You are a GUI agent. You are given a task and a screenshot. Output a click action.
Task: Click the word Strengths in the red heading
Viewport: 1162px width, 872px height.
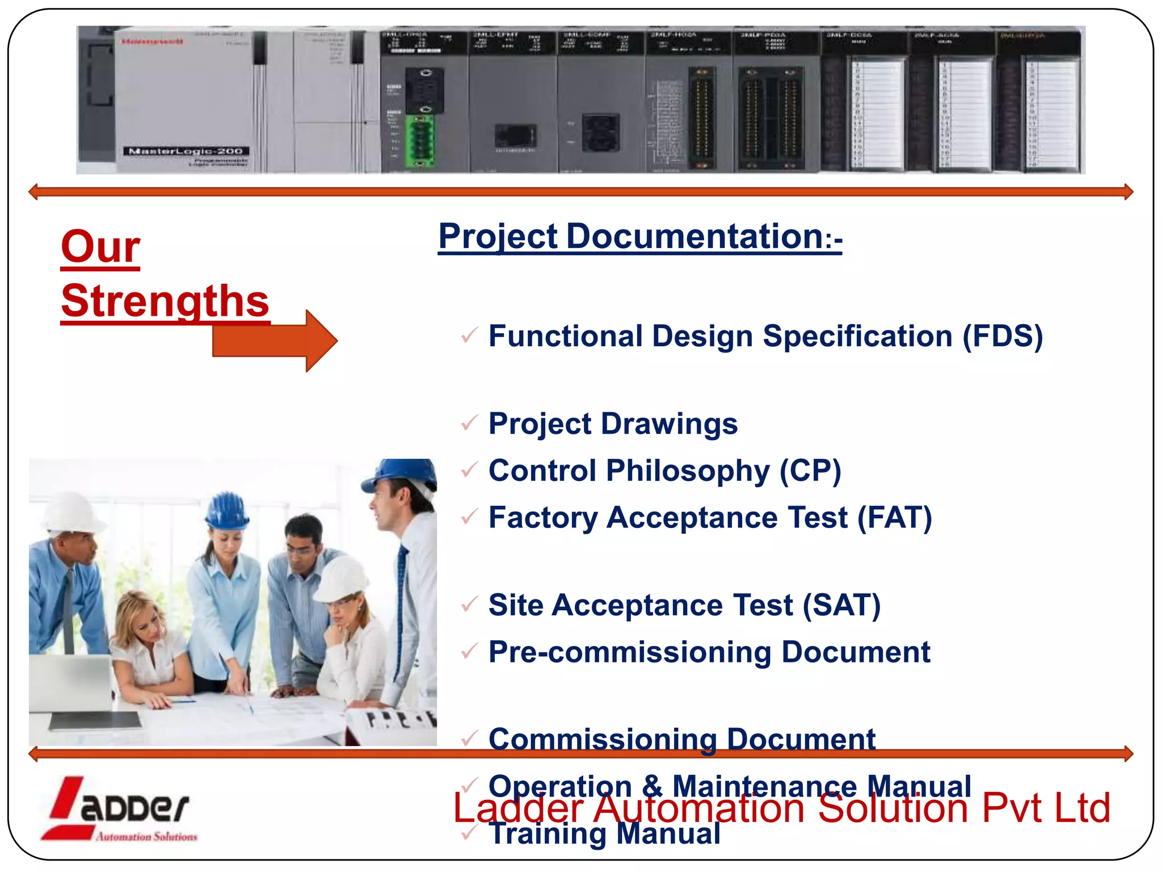(x=165, y=301)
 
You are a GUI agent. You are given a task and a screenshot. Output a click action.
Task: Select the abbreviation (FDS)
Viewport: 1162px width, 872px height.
(x=1003, y=336)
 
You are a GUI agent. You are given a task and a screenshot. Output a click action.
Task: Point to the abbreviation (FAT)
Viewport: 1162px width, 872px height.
(x=894, y=518)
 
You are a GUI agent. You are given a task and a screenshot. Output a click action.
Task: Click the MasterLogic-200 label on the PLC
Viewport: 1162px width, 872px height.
(x=186, y=151)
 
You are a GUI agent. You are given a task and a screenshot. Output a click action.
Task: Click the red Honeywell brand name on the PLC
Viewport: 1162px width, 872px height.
(x=152, y=41)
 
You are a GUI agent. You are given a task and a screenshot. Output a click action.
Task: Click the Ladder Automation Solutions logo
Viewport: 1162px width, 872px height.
(x=119, y=809)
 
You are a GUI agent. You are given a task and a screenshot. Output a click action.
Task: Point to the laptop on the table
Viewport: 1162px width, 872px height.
(x=71, y=684)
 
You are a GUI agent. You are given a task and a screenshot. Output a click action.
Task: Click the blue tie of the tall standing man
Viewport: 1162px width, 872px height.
(x=401, y=590)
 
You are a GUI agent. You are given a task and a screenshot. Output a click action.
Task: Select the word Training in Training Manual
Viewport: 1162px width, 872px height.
(x=548, y=835)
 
